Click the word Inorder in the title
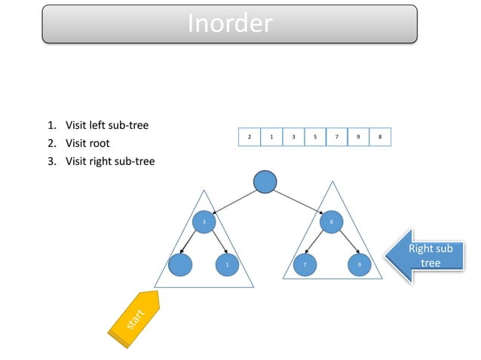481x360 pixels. point(229,24)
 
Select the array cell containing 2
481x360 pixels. point(249,138)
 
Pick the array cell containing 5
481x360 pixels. point(314,138)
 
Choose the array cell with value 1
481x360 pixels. point(271,138)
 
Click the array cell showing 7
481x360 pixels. point(336,138)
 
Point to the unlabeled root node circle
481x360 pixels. point(265,182)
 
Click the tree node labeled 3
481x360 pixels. point(204,221)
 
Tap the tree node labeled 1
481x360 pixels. point(227,265)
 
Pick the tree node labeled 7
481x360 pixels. point(305,265)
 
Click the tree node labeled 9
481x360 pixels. point(359,265)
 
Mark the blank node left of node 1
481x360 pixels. point(182,265)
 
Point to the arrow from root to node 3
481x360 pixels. point(234,201)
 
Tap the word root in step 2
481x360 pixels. point(97,143)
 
